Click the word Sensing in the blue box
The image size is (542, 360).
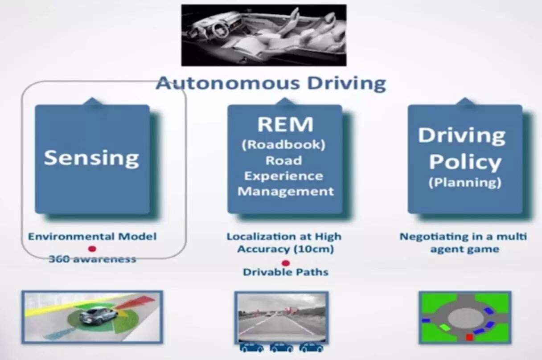click(x=91, y=158)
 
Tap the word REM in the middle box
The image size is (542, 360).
click(x=285, y=125)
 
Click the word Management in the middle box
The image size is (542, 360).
click(x=286, y=192)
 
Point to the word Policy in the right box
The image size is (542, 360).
click(x=465, y=163)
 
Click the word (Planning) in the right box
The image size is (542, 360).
click(x=465, y=183)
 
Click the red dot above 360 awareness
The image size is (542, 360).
click(x=92, y=249)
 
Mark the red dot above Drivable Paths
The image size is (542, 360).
click(x=286, y=263)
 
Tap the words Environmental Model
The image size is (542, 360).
click(x=92, y=236)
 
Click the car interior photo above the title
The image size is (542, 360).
click(x=263, y=35)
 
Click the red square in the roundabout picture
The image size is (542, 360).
click(x=469, y=337)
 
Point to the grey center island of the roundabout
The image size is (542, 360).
click(x=465, y=317)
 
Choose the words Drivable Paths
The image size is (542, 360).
click(x=286, y=272)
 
